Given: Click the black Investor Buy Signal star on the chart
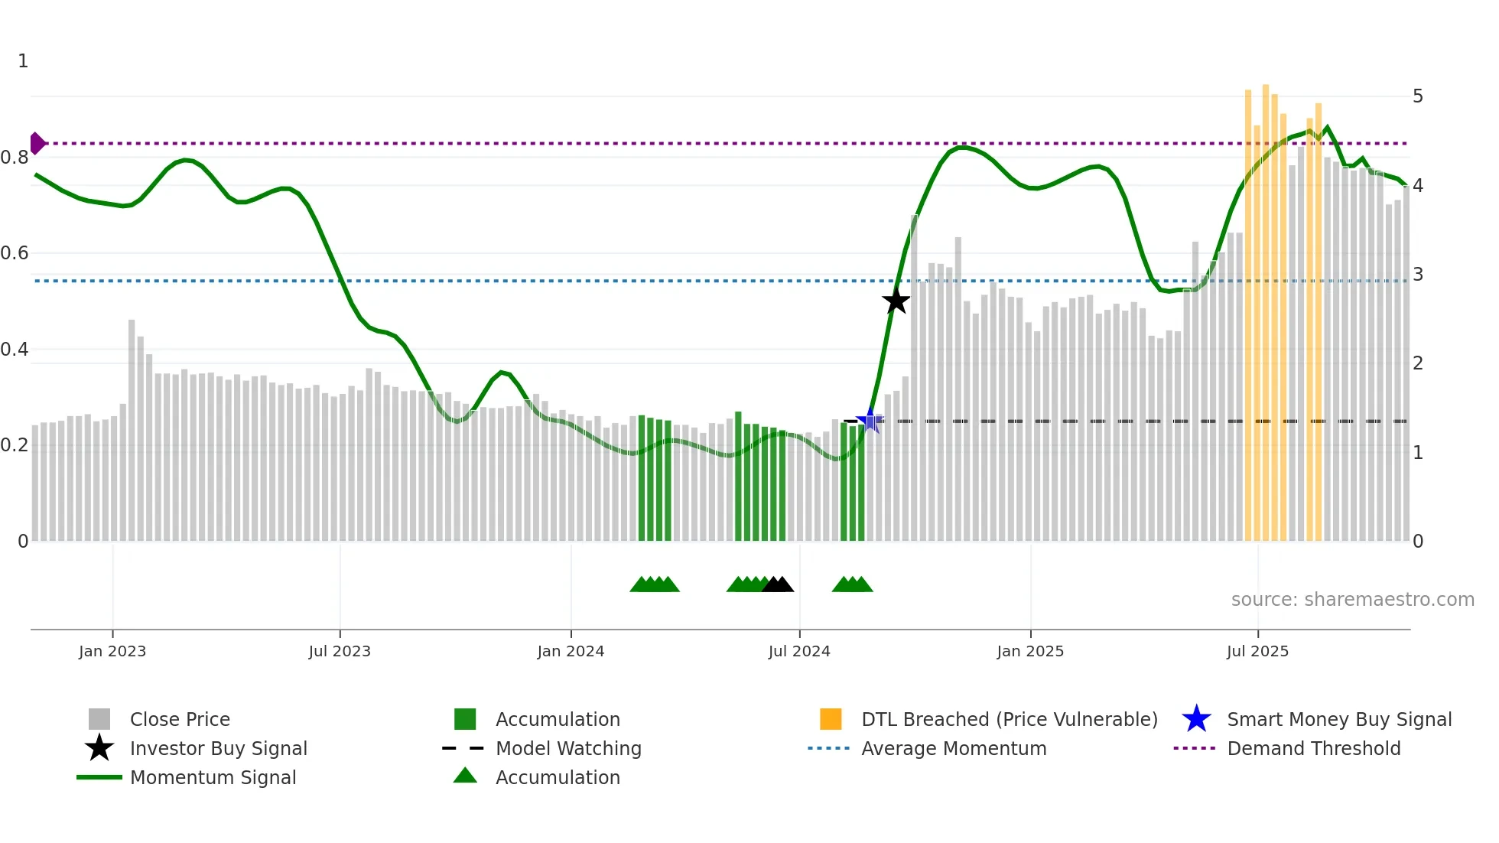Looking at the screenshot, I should pos(896,301).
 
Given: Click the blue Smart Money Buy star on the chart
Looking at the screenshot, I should pos(870,420).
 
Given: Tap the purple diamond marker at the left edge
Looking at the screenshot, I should pos(37,143).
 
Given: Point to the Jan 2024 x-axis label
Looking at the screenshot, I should pos(571,651).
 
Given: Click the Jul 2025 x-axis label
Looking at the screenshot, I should pos(1257,651).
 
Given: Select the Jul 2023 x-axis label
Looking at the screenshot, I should pos(340,651).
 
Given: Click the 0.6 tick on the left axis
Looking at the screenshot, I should pos(15,253).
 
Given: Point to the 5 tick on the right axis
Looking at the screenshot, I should pos(1418,96).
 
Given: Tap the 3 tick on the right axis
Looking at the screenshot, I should pos(1418,275).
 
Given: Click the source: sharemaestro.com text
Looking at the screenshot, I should pos(1352,600).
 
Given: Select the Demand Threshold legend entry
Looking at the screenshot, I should pos(1313,748).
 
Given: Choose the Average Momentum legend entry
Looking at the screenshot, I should pos(953,748).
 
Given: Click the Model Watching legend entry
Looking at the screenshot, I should pos(567,748).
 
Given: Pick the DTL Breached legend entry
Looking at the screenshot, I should pos(1009,719).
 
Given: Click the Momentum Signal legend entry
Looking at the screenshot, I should pos(213,777).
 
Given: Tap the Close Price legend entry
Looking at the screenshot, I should pos(179,719).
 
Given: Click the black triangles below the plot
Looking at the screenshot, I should pos(778,584).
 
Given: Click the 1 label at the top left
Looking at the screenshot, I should pos(23,61).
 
